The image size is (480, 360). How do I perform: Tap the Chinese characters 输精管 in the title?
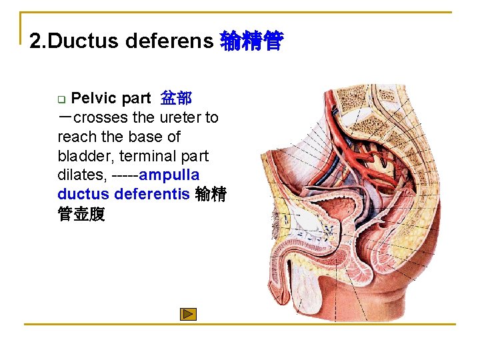click(x=251, y=41)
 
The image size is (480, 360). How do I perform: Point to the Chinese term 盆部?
click(x=176, y=99)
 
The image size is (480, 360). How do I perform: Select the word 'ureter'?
click(x=181, y=118)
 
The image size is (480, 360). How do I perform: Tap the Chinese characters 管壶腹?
click(x=81, y=215)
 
